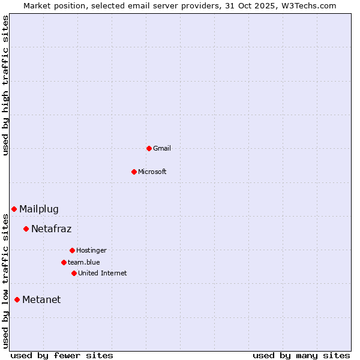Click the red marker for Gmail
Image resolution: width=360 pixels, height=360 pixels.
pyautogui.click(x=149, y=148)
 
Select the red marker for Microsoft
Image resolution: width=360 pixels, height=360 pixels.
pyautogui.click(x=134, y=172)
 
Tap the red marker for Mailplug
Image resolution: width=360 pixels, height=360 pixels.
pyautogui.click(x=14, y=209)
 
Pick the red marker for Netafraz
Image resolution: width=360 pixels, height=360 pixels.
pyautogui.click(x=26, y=229)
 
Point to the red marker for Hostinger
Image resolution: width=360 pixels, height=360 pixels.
pyautogui.click(x=72, y=250)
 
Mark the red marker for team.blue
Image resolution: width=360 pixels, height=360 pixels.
pyautogui.click(x=64, y=262)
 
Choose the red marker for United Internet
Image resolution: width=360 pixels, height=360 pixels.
pyautogui.click(x=74, y=273)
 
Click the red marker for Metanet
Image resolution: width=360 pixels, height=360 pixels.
pyautogui.click(x=17, y=299)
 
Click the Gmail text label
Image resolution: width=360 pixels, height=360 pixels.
pyautogui.click(x=162, y=148)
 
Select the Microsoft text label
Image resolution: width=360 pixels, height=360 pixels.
pyautogui.click(x=152, y=172)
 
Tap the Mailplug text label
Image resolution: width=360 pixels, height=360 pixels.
pyautogui.click(x=39, y=209)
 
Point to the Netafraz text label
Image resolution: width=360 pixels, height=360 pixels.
pyautogui.click(x=51, y=229)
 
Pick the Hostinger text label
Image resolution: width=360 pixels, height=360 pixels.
pyautogui.click(x=91, y=250)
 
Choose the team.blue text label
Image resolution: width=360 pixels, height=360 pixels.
pyautogui.click(x=84, y=262)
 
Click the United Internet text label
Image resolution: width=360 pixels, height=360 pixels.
pyautogui.click(x=103, y=273)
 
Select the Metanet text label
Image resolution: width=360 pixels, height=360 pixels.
pyautogui.click(x=41, y=299)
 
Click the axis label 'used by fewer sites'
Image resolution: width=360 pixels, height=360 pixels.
pyautogui.click(x=62, y=355)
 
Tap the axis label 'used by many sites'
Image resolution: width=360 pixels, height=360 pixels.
pyautogui.click(x=301, y=355)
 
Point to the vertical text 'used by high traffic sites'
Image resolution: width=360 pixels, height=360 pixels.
pyautogui.click(x=6, y=85)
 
